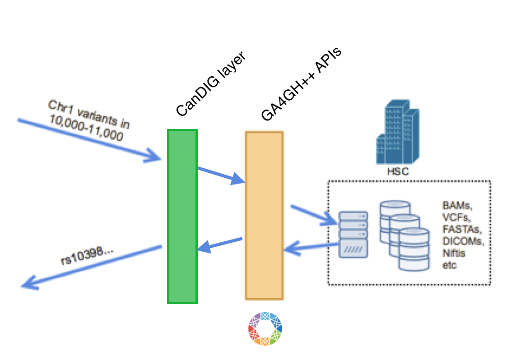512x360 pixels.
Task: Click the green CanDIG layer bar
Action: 182,217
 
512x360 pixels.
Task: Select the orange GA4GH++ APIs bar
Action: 264,216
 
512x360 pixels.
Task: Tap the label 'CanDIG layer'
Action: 210,84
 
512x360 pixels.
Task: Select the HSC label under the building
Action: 397,172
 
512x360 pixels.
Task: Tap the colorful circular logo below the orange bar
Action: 265,328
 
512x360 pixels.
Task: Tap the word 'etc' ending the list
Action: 449,265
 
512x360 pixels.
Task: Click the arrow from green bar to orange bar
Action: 221,175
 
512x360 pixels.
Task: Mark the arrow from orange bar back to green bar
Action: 220,245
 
